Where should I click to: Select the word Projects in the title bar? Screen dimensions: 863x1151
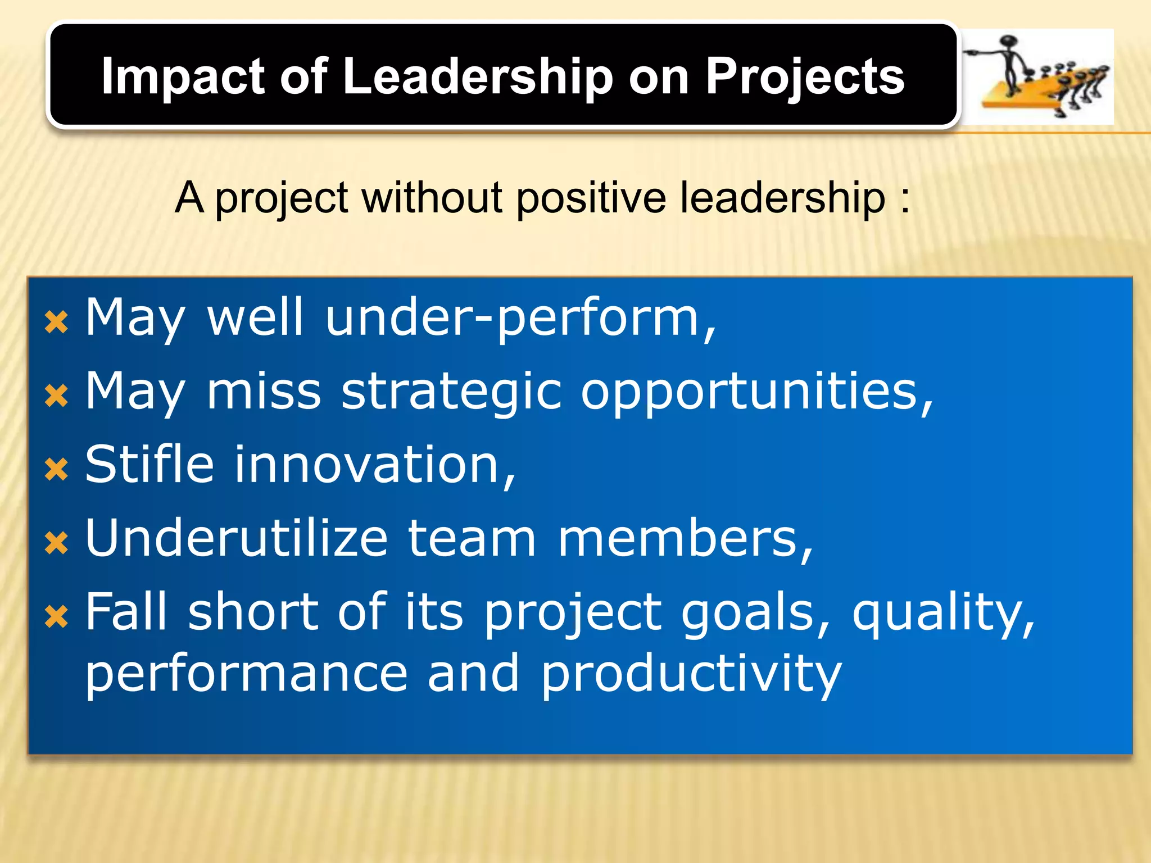(x=805, y=78)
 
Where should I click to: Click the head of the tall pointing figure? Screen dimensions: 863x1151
(x=1010, y=43)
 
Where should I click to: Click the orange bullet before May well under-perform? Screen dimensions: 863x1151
(x=56, y=323)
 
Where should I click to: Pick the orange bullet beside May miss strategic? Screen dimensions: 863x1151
(x=56, y=396)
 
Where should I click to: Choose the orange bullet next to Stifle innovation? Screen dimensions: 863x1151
(x=56, y=469)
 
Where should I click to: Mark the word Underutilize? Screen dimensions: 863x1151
(x=236, y=538)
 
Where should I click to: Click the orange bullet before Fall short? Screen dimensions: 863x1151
(x=56, y=616)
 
